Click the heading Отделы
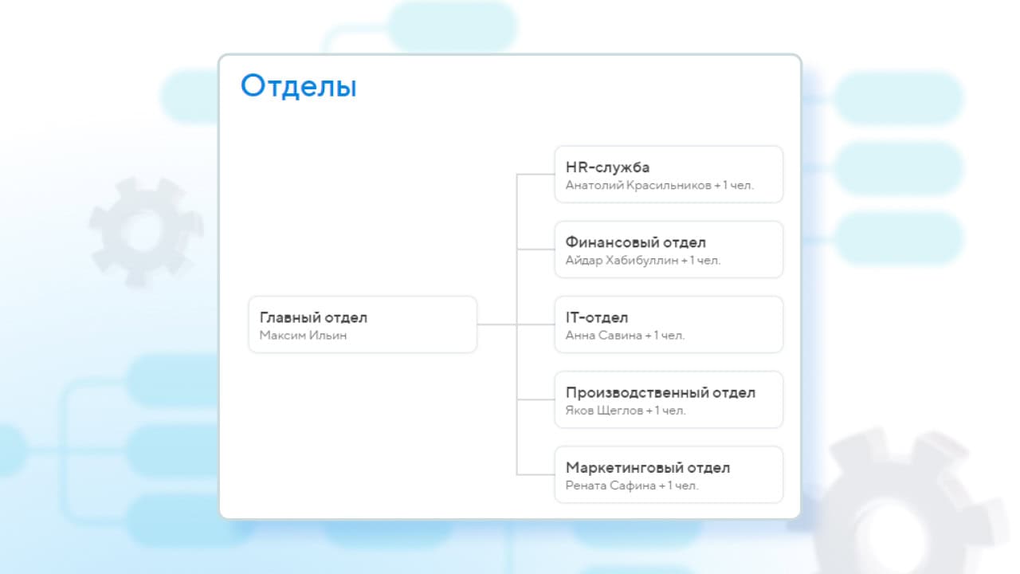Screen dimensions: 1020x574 (298, 85)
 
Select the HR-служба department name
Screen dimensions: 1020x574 (607, 167)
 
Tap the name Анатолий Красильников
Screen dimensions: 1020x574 (638, 186)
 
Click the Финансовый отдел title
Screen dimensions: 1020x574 (636, 242)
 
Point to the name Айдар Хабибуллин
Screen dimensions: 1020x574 (622, 261)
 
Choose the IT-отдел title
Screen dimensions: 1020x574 (597, 317)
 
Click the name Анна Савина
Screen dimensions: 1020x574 (603, 336)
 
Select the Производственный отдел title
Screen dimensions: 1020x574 (661, 393)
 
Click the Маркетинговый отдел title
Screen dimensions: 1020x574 (648, 468)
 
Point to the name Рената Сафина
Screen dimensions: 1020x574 (610, 486)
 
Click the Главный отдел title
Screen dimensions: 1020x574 (313, 317)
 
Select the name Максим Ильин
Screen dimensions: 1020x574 (303, 336)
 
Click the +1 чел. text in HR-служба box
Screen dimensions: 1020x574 (734, 186)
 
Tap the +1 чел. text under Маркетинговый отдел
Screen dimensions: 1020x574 (678, 486)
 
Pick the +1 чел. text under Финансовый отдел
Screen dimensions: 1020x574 (700, 261)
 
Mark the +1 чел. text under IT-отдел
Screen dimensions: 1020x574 (665, 336)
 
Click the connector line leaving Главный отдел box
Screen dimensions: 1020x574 (496, 324)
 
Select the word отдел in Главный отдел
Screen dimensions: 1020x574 (346, 318)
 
